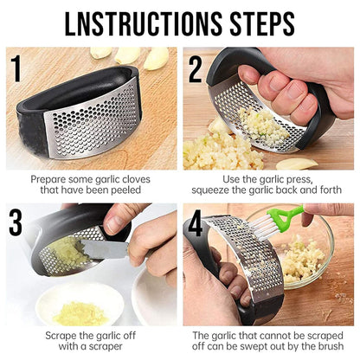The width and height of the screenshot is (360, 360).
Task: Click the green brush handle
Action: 292,214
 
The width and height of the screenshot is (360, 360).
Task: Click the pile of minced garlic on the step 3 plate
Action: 79,311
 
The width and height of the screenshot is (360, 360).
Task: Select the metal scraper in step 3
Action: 102,250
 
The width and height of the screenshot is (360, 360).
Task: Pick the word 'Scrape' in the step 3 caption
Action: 46,335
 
